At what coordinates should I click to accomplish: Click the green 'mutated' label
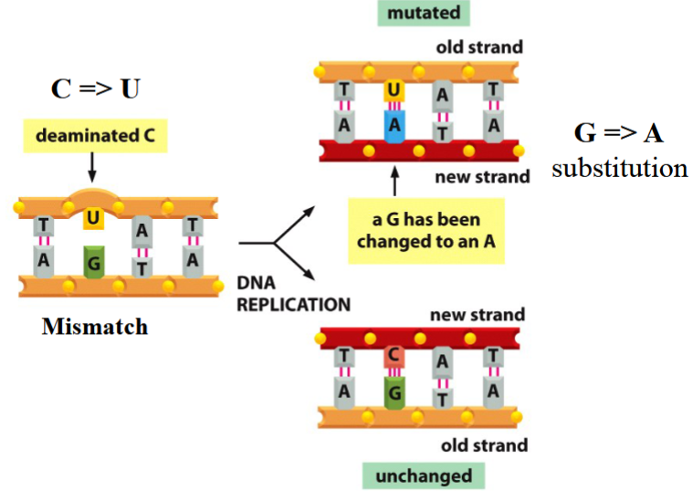click(x=423, y=14)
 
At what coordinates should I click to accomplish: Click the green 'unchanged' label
click(x=424, y=475)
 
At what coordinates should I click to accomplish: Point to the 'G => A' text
click(x=618, y=134)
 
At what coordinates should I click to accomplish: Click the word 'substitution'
click(x=619, y=168)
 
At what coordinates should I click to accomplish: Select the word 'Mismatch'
click(x=94, y=326)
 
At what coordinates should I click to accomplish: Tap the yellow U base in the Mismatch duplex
click(x=92, y=217)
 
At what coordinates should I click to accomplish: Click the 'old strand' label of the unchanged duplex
click(x=484, y=445)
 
